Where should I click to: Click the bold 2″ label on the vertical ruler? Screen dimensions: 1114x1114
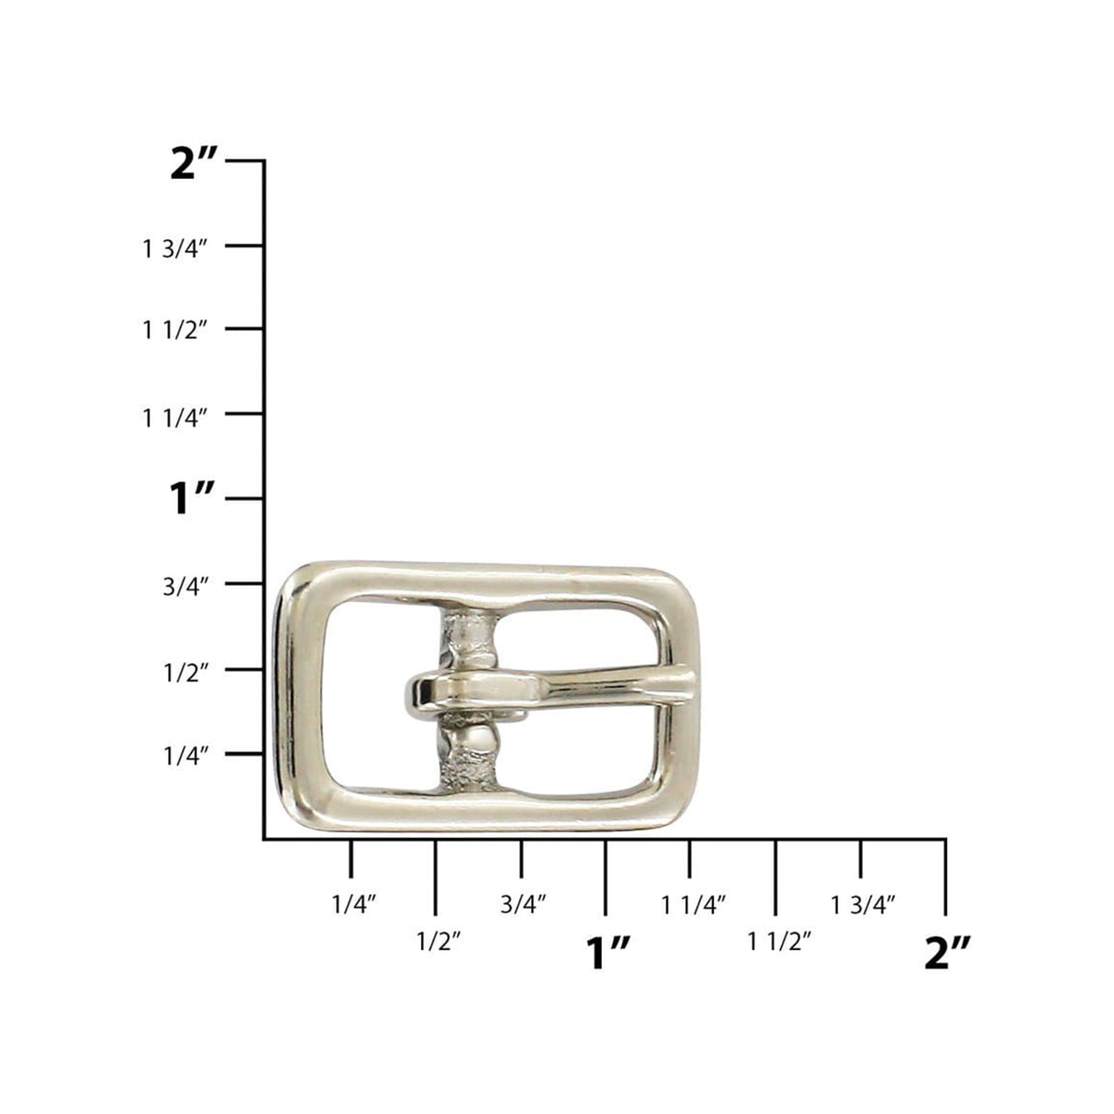click(194, 165)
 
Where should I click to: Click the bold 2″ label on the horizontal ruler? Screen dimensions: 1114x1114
click(947, 954)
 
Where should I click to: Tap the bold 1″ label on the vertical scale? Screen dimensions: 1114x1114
click(192, 500)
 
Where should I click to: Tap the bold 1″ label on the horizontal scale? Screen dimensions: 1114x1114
click(607, 954)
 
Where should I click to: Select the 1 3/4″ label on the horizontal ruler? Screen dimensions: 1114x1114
click(863, 905)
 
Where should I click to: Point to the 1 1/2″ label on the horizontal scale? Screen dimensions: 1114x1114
click(779, 941)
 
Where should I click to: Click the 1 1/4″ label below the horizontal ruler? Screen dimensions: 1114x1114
click(694, 905)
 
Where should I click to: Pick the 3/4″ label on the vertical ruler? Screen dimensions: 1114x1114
click(186, 587)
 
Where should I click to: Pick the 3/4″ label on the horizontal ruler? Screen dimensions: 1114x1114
click(524, 905)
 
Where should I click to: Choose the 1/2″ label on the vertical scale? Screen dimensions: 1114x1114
click(186, 672)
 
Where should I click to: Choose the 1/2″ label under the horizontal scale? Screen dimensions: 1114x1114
click(438, 941)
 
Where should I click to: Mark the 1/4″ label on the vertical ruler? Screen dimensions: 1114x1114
click(186, 756)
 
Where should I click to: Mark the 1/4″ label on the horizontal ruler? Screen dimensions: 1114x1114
click(354, 905)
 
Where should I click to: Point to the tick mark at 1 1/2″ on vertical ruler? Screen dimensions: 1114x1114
click(244, 328)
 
